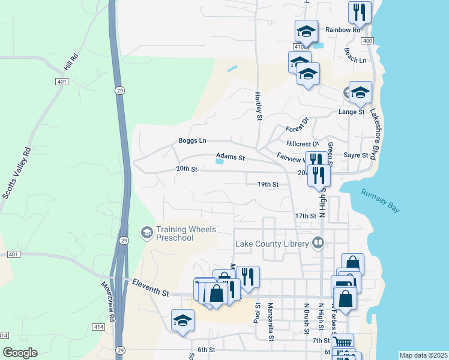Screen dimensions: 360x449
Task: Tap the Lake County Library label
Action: [271, 243]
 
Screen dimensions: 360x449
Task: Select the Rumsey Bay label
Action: [380, 200]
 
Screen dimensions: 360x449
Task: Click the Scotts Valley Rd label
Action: [16, 173]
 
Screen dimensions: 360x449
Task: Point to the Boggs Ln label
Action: [192, 140]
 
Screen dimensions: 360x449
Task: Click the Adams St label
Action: [231, 158]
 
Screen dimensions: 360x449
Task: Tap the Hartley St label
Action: [259, 106]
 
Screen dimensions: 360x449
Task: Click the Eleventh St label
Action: [150, 287]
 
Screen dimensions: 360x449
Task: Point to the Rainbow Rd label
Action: [342, 29]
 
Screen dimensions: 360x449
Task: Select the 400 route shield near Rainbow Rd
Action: [367, 40]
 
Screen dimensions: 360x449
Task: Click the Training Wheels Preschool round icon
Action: [146, 232]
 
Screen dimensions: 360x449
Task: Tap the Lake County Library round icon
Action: [318, 243]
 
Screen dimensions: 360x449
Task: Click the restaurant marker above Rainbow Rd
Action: [360, 11]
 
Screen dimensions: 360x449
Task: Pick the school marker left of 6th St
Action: [182, 320]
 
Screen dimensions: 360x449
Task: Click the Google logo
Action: [20, 353]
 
